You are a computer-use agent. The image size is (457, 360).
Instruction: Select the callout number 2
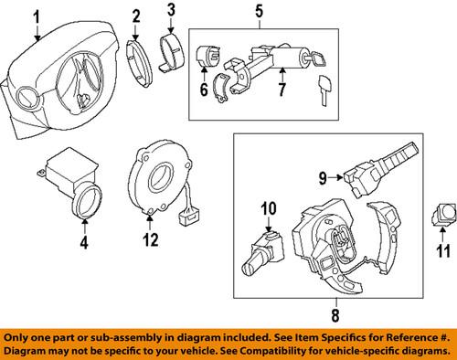point(135,16)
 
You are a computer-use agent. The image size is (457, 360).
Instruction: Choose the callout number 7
point(282,89)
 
